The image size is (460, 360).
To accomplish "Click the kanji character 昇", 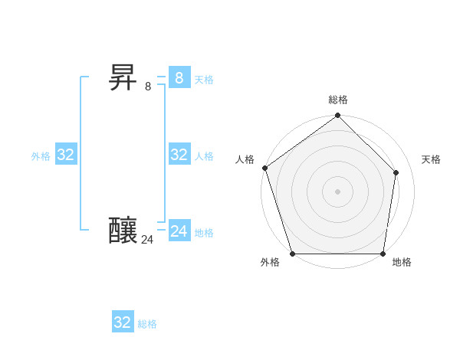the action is click(123, 77).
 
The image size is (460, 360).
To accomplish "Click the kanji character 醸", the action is click(123, 231).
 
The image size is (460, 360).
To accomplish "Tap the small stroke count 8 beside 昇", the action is click(148, 87).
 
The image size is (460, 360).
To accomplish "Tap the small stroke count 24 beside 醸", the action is click(147, 240).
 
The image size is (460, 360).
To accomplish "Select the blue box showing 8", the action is click(179, 77).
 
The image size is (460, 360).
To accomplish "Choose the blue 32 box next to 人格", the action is click(179, 155).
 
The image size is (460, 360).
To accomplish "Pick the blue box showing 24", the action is click(179, 231).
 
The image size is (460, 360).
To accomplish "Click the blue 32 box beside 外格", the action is click(66, 155).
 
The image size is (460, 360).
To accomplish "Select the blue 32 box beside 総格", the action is click(123, 322).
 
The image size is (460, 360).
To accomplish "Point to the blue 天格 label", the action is click(204, 80).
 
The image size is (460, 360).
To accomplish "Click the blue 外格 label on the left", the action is click(41, 156).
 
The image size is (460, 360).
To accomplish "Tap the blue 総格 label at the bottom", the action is click(147, 324).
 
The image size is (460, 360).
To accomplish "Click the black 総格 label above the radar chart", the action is click(338, 100).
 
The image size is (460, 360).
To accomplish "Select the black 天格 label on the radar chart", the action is click(431, 159).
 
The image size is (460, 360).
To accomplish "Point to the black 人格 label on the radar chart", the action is click(245, 159).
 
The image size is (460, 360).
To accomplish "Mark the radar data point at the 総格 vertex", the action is click(338, 116).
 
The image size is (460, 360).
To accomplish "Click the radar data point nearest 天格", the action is click(396, 173).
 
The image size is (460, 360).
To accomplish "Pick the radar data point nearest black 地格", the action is click(383, 254).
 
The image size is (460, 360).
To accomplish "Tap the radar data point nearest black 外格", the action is click(293, 254).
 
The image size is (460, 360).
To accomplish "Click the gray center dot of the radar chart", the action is click(338, 191).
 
